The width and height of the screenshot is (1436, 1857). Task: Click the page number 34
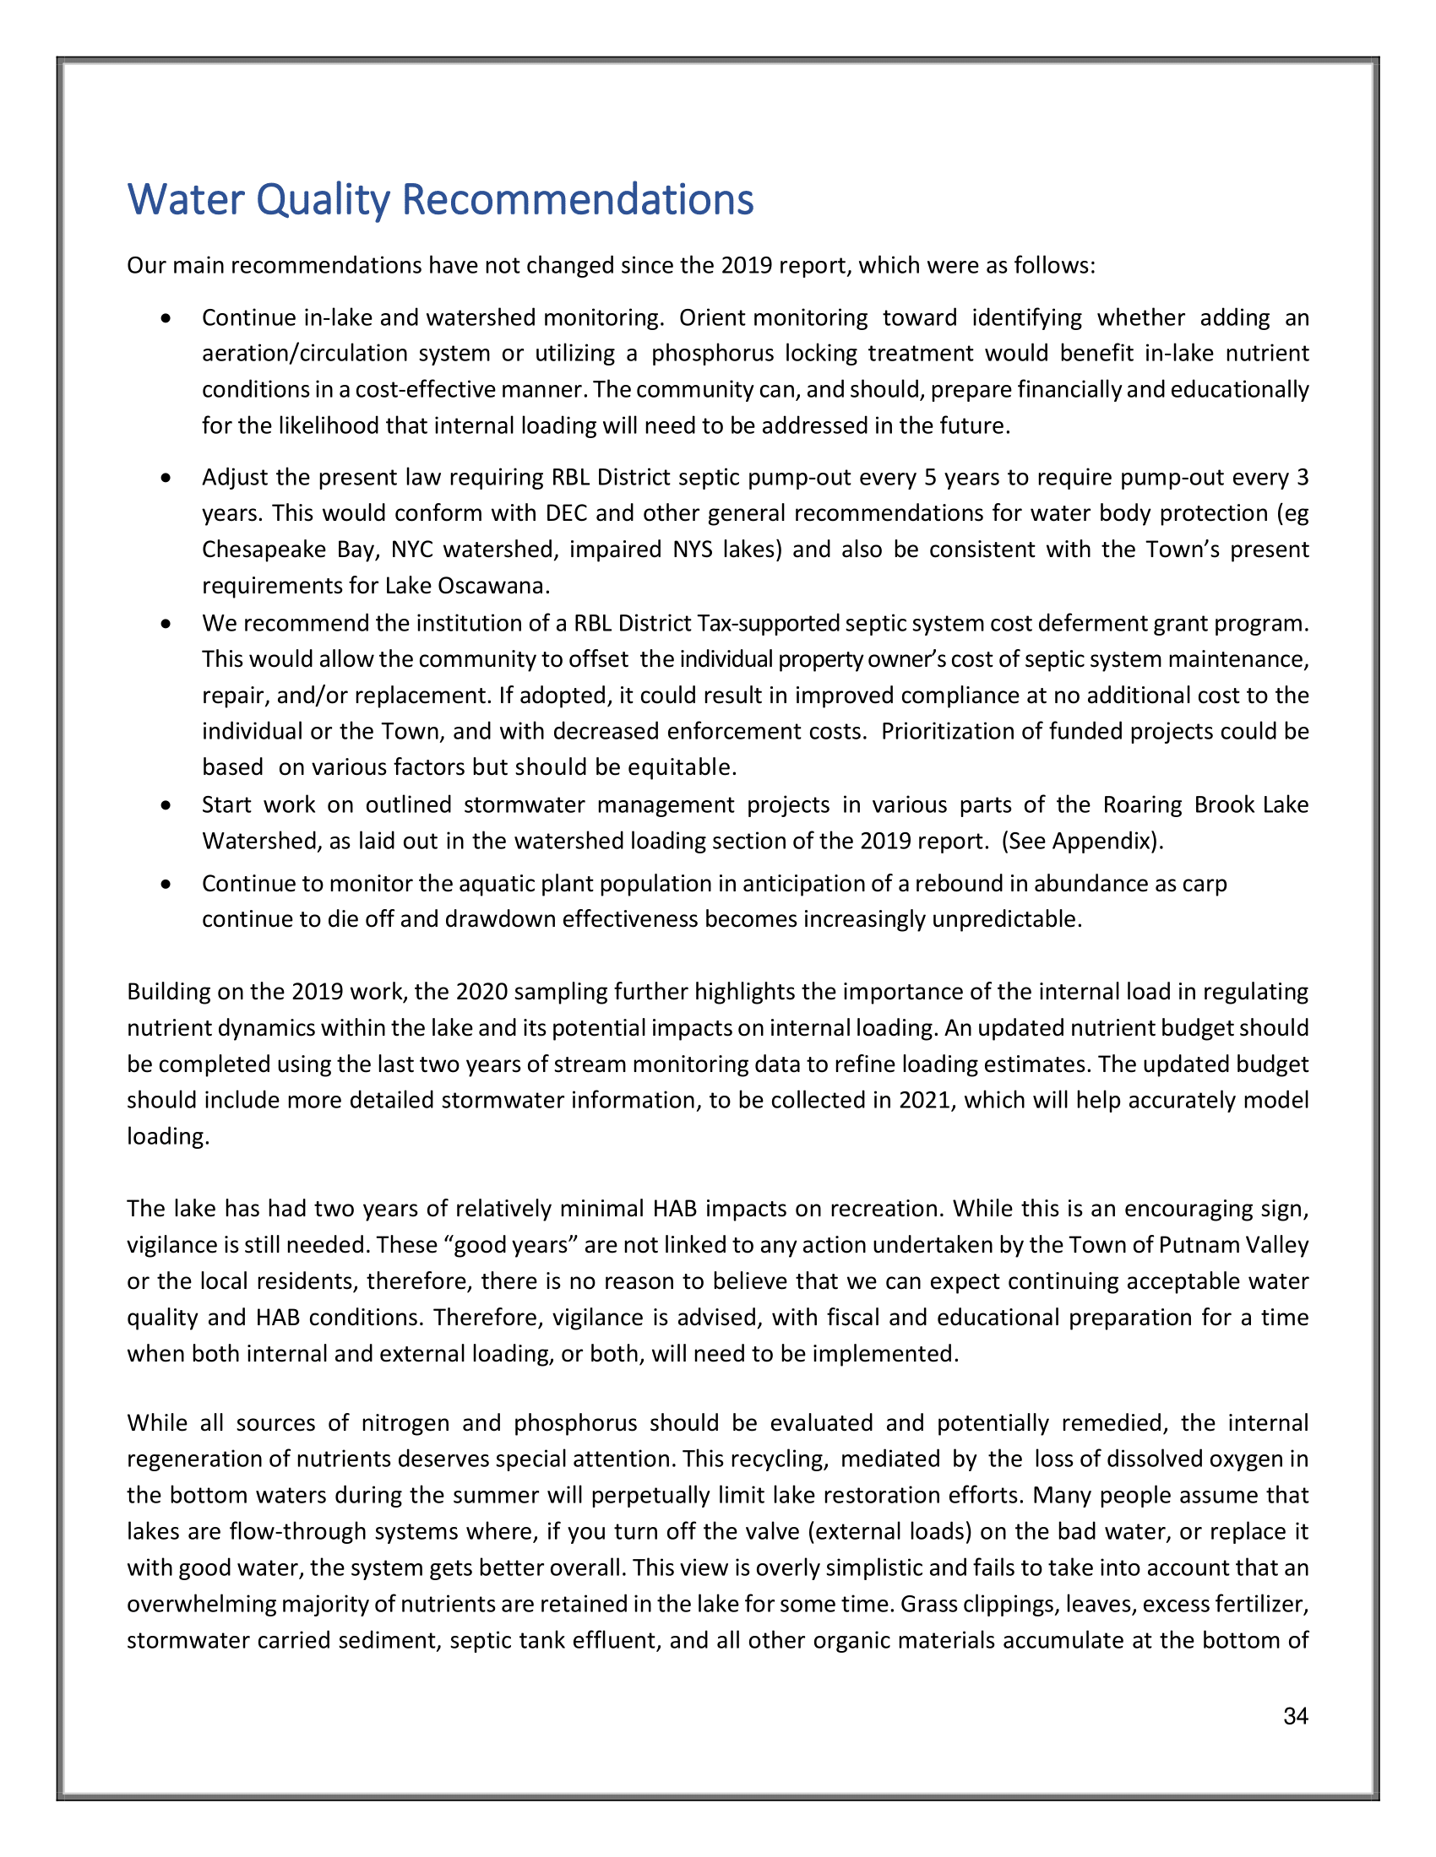tap(1295, 1717)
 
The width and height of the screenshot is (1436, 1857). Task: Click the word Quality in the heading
tap(323, 200)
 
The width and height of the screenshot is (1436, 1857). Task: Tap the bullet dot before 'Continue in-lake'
tap(166, 318)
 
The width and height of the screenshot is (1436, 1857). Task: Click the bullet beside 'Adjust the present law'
tap(166, 478)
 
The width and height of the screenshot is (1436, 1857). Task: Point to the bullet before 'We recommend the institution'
tap(166, 623)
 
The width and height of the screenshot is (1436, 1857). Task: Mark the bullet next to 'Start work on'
tap(166, 804)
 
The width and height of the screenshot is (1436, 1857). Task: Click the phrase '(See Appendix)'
tap(1081, 841)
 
